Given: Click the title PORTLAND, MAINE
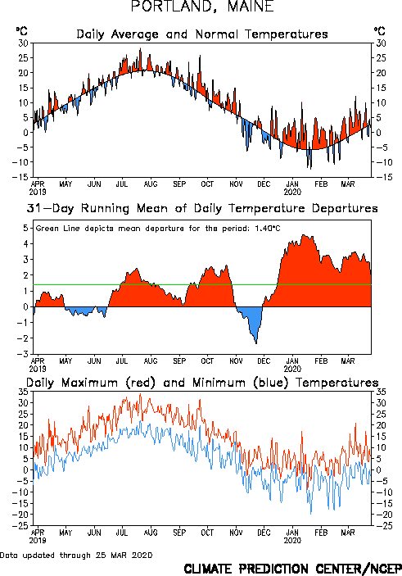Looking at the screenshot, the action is [202, 7].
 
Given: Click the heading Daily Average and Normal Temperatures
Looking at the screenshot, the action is [202, 34].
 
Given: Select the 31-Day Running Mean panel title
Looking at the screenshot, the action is [202, 208].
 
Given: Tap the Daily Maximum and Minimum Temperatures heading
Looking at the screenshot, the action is [202, 383].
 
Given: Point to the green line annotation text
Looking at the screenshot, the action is [158, 229].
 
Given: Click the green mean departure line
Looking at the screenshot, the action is [202, 284].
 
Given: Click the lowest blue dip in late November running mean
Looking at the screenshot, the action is [256, 343].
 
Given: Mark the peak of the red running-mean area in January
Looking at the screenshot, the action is [304, 235].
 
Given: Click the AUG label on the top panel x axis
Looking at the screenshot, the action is [151, 184].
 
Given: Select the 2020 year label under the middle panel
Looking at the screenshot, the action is [292, 369].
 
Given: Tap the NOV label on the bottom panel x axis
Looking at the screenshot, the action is [236, 533].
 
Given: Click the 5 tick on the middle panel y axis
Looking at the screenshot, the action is [25, 228].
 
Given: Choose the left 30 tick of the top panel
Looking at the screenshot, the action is [23, 43].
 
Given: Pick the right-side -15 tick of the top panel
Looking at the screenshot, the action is [383, 177].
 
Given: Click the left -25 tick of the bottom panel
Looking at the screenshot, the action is [20, 526].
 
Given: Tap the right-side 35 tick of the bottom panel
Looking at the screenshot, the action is [381, 392].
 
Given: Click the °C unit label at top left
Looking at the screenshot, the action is [21, 31].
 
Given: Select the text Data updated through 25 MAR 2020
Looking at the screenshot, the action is [76, 555].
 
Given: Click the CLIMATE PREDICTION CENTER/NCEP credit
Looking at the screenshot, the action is [292, 569].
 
